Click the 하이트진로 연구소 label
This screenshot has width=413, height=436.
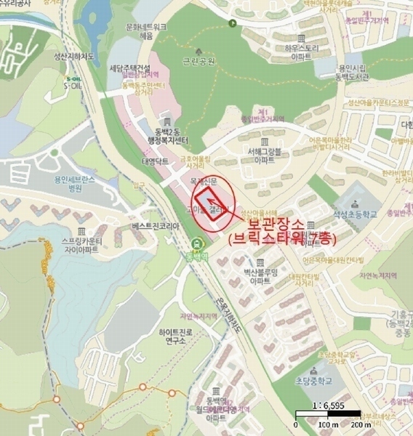tap(177, 336)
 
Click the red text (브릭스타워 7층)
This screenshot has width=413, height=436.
tap(275, 239)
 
